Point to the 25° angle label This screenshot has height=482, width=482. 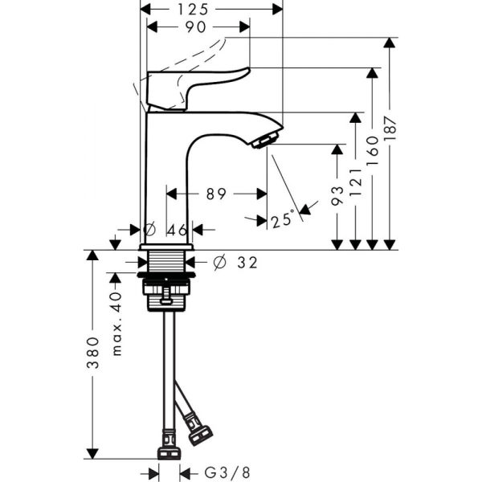coord(282,219)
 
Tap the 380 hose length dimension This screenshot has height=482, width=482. coord(93,353)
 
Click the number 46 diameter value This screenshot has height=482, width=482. coord(177,229)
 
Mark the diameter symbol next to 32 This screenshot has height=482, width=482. coord(219,261)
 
